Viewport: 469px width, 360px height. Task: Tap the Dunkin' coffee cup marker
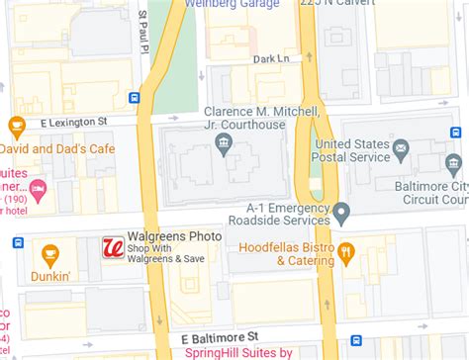[49, 255]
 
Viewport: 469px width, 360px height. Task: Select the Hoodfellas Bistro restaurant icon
[345, 251]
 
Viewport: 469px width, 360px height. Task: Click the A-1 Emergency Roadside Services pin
[341, 212]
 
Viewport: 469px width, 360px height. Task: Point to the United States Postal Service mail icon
[401, 150]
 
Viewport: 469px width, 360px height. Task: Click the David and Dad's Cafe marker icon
[16, 126]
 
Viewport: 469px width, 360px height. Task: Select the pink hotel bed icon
[39, 188]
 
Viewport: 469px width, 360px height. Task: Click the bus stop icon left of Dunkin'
[17, 242]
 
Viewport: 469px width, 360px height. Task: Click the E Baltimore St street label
[226, 337]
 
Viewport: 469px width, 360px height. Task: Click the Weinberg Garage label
[241, 4]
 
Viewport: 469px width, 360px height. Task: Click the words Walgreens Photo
[164, 237]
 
